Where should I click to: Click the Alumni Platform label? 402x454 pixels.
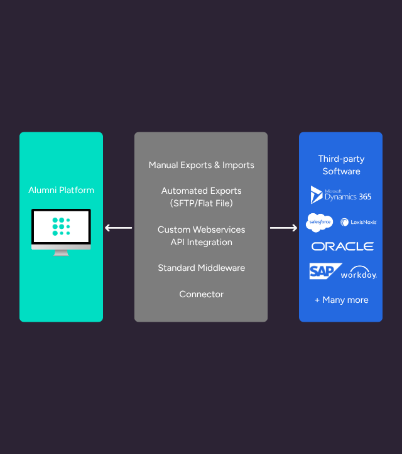click(61, 190)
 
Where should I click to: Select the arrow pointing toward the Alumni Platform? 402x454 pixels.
click(118, 228)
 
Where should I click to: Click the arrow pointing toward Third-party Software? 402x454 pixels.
click(284, 228)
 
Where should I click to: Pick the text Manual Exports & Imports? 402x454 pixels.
click(201, 165)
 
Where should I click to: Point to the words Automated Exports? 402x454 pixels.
click(201, 191)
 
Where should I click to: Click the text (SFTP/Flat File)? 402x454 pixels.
click(201, 203)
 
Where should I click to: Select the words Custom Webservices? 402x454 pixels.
click(201, 230)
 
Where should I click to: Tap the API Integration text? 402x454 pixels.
click(201, 242)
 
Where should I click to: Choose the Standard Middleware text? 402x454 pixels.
click(201, 268)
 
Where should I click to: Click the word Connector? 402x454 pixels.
click(201, 294)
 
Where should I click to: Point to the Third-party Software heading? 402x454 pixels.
click(341, 165)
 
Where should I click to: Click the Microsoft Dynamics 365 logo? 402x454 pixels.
click(341, 195)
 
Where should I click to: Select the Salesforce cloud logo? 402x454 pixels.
click(319, 222)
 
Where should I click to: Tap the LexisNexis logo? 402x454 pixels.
click(358, 222)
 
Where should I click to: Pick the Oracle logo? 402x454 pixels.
click(342, 246)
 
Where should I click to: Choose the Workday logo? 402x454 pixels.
click(359, 274)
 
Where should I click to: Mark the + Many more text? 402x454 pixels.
click(341, 300)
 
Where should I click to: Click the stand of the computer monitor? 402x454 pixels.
click(61, 252)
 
